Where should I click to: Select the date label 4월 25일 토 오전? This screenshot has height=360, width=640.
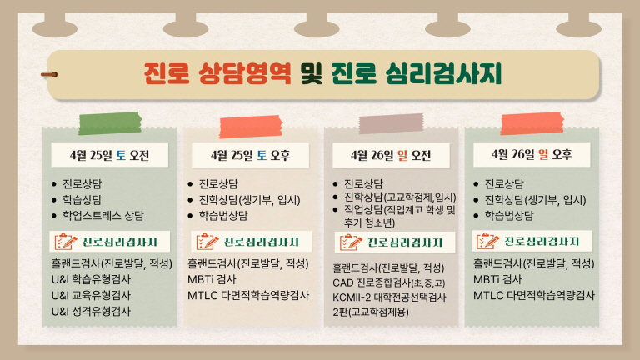tap(110, 154)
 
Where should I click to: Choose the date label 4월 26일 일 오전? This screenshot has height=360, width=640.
tap(391, 154)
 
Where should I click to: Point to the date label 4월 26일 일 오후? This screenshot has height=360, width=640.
tap(531, 154)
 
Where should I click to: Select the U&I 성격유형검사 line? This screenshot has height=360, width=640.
tap(92, 311)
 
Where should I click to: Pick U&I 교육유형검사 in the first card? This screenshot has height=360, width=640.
tap(92, 295)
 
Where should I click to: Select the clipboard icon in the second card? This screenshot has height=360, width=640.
tap(207, 242)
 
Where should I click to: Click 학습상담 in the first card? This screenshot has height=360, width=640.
tap(82, 199)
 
